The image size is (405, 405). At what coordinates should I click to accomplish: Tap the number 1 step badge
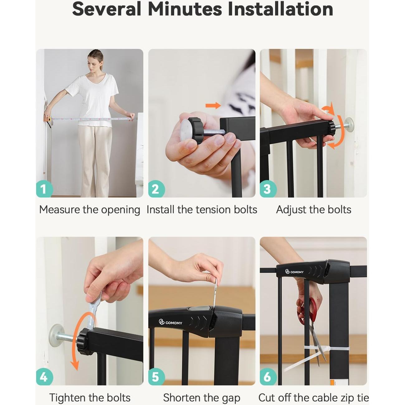tap(44, 189)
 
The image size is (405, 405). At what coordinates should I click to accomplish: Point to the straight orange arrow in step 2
tap(213, 106)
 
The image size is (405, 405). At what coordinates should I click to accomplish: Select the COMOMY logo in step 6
tap(294, 272)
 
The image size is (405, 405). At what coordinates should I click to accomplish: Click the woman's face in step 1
tap(95, 63)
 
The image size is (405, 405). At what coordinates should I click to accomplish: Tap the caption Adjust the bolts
tap(313, 210)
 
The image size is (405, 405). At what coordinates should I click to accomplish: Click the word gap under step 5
tap(231, 398)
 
